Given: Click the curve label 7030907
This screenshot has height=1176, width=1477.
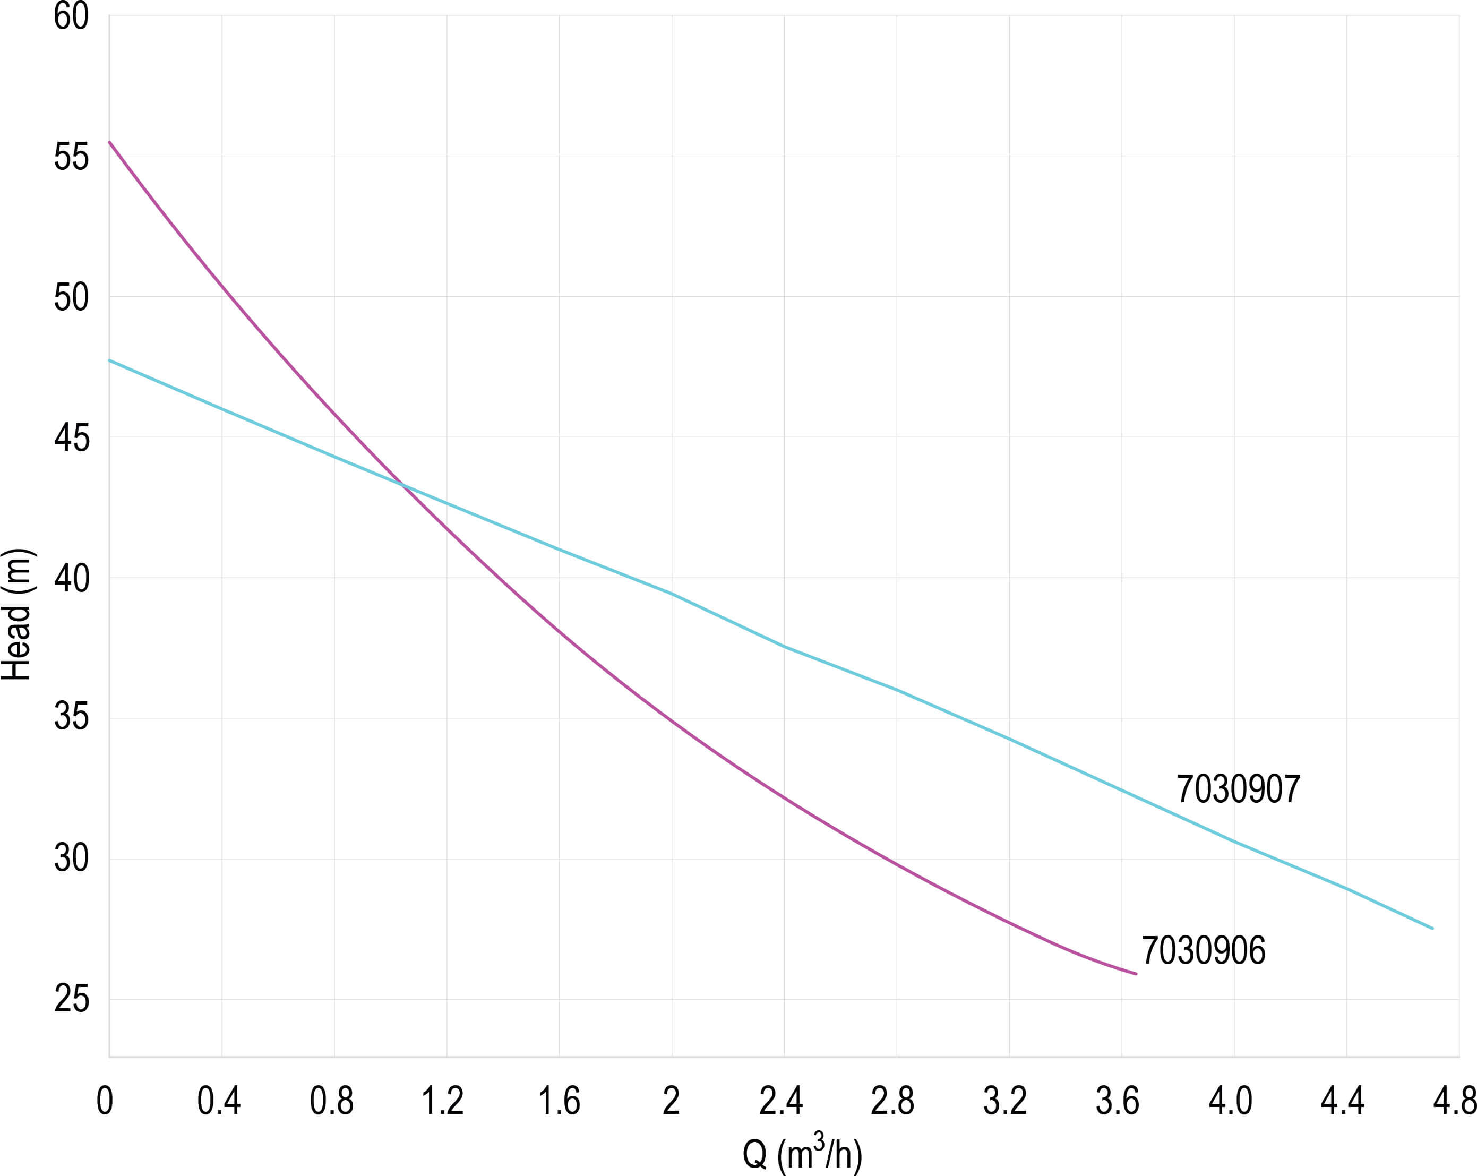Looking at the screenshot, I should [x=1238, y=789].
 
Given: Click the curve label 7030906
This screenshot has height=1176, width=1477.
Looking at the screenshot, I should [x=1203, y=951].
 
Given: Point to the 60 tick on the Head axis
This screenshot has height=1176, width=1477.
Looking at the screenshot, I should [x=71, y=16].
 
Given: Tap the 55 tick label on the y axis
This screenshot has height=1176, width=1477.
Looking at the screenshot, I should [x=71, y=157].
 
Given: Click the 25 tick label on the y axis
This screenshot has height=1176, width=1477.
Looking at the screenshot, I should [x=71, y=999].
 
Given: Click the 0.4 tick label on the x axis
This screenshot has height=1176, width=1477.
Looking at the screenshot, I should [x=219, y=1101].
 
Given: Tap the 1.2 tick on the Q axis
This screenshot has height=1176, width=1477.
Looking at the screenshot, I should [x=443, y=1101].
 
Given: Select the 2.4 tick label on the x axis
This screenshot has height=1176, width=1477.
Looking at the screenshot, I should [x=781, y=1101].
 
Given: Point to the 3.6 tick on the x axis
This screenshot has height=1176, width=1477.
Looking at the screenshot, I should [x=1118, y=1101].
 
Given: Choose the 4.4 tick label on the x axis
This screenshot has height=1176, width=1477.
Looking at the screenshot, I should [x=1343, y=1101].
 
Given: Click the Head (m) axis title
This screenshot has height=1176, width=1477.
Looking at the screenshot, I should [x=16, y=614].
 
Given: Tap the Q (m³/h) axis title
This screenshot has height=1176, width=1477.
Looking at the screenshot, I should [x=802, y=1153].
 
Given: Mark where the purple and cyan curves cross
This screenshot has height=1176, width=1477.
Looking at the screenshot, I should [x=403, y=486].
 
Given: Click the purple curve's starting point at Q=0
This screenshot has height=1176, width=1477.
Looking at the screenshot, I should [x=109, y=142].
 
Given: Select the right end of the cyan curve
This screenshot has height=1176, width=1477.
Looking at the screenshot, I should [x=1432, y=929].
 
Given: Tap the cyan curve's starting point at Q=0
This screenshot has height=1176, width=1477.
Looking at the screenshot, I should [x=109, y=360].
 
